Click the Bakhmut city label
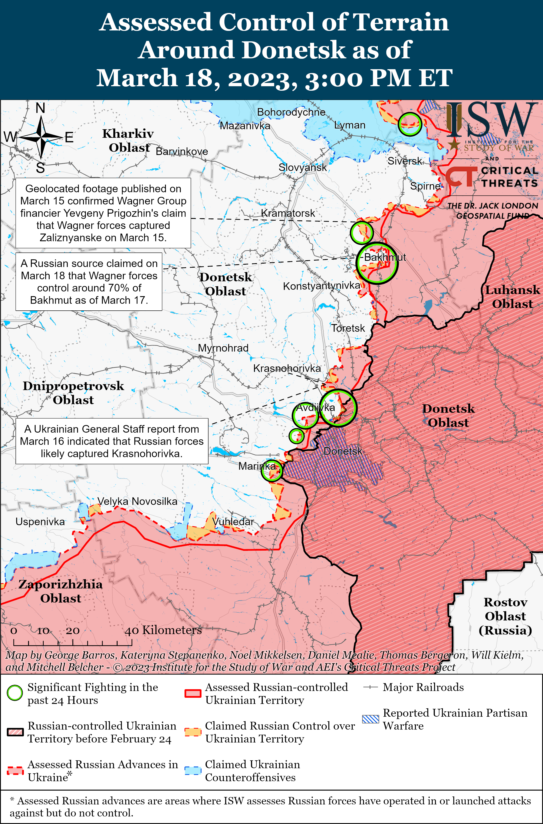pyautogui.click(x=385, y=257)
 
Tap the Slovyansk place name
pyautogui.click(x=303, y=168)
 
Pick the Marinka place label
pyautogui.click(x=257, y=466)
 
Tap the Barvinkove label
pyautogui.click(x=182, y=151)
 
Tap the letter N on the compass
pyautogui.click(x=40, y=108)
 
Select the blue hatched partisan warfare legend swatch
pyautogui.click(x=371, y=719)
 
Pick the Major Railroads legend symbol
pyautogui.click(x=370, y=687)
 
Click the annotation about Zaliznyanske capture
pyautogui.click(x=103, y=213)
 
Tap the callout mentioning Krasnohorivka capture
pyautogui.click(x=112, y=441)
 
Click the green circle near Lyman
pyautogui.click(x=410, y=124)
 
